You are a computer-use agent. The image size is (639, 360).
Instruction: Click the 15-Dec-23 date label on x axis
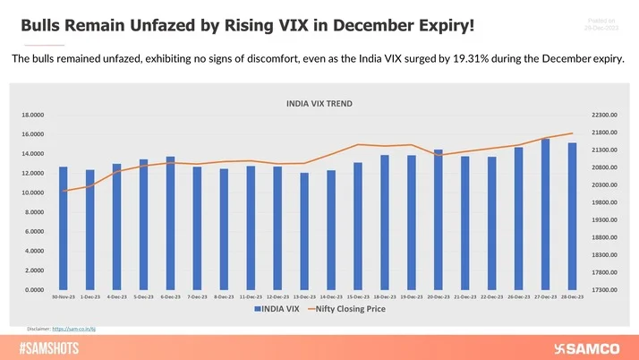[357, 296]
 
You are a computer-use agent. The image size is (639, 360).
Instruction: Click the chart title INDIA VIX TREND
[319, 104]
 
